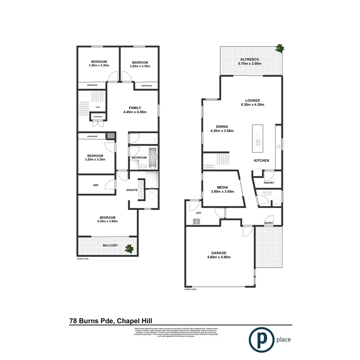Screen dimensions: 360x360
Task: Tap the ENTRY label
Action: point(268,223)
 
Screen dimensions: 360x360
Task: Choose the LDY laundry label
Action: point(199,212)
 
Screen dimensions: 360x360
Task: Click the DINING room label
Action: point(222,129)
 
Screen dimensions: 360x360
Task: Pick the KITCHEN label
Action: point(262,161)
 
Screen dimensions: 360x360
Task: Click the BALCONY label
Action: point(110,245)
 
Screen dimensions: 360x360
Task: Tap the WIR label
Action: point(96,185)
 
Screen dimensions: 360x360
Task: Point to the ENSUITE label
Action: point(133,190)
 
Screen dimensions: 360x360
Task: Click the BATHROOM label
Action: point(139,158)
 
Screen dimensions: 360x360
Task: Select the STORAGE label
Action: point(97,116)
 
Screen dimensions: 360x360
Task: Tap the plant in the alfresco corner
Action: point(279,48)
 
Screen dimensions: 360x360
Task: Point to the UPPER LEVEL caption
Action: point(83,259)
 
